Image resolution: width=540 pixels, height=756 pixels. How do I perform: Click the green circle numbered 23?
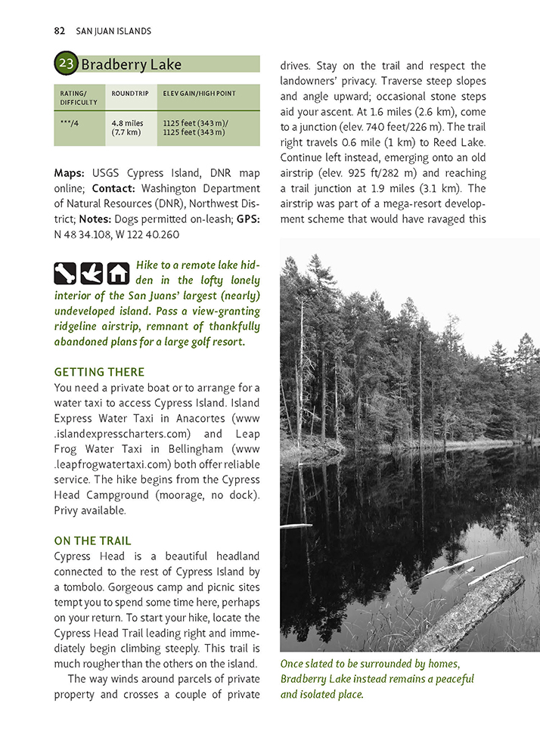point(67,64)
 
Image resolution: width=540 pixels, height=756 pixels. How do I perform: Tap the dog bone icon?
point(66,272)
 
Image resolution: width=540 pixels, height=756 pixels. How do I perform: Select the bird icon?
point(92,272)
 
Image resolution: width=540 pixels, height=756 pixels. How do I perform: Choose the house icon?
point(117,272)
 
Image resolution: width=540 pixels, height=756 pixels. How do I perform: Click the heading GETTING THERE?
point(99,372)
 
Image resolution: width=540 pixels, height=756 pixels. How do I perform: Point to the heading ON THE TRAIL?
point(92,541)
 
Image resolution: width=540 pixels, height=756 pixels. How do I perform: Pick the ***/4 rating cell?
point(68,122)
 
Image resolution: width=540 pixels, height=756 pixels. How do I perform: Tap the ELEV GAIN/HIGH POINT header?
point(199,94)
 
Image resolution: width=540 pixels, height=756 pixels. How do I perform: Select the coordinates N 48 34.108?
point(83,234)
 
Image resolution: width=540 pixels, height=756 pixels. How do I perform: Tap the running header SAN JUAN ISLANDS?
point(113,31)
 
